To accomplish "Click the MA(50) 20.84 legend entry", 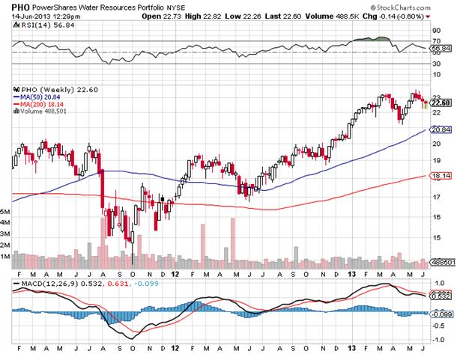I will coord(38,97).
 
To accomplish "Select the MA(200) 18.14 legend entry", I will coord(40,103).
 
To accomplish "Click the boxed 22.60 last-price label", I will coord(442,103).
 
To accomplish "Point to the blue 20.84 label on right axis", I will coord(442,129).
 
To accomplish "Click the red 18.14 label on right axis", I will coord(442,177).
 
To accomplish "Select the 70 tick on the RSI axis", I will coord(437,40).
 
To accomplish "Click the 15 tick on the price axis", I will coord(437,238).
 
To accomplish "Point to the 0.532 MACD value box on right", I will coord(442,297).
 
